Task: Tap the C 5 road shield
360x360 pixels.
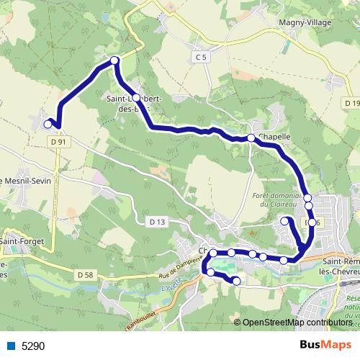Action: click(x=201, y=56)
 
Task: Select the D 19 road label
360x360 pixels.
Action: click(x=351, y=104)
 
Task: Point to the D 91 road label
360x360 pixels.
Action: click(x=60, y=142)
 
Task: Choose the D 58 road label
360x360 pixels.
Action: click(x=85, y=274)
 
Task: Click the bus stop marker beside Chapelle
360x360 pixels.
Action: click(x=251, y=138)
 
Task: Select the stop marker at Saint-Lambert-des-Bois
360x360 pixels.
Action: click(x=135, y=98)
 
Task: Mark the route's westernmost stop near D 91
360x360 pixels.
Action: click(x=48, y=124)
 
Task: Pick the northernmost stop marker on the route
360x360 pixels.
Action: click(x=114, y=60)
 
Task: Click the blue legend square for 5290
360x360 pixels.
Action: click(x=10, y=346)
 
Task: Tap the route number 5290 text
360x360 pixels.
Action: click(x=33, y=346)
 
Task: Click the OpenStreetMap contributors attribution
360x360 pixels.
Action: click(x=297, y=323)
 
